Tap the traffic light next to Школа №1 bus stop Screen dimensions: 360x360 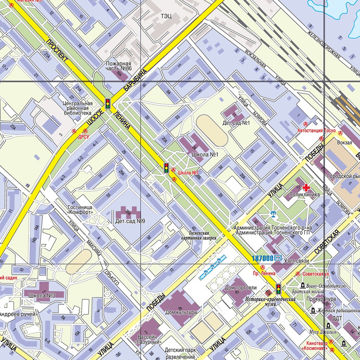click(x=166, y=168)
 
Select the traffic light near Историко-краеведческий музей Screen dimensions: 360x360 click(x=278, y=289)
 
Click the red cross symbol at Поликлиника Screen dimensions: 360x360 click(x=306, y=187)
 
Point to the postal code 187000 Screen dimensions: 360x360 click(x=263, y=258)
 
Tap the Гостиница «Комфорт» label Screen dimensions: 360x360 click(x=80, y=210)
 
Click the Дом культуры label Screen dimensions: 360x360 click(x=181, y=312)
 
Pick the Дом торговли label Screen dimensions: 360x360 click(x=241, y=288)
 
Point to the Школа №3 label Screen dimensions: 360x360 click(x=42, y=295)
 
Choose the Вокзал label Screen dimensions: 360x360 click(x=344, y=143)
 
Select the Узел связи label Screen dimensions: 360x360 click(x=296, y=261)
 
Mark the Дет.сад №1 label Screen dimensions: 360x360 click(x=236, y=123)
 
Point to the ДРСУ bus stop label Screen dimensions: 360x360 click(x=84, y=137)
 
